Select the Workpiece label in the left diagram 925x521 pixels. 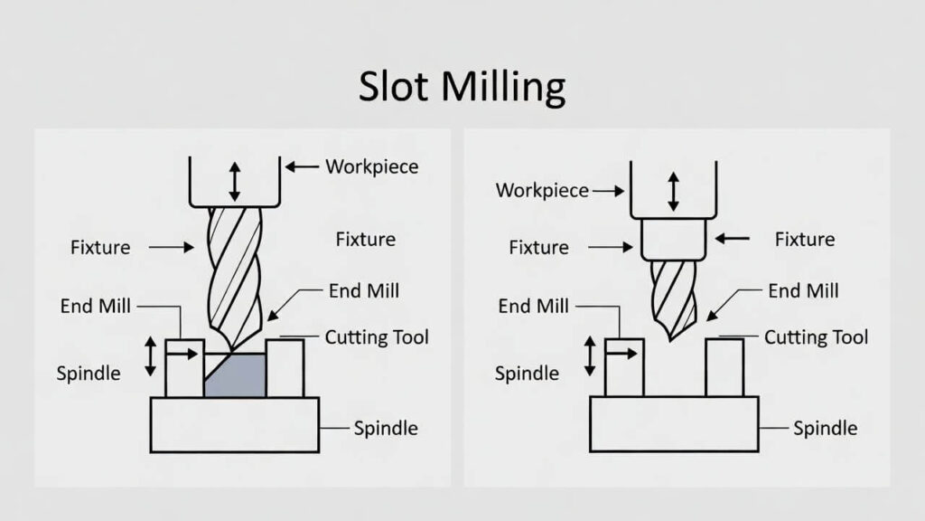click(371, 166)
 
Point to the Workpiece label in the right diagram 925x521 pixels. click(542, 191)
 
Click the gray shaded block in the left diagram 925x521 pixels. click(237, 375)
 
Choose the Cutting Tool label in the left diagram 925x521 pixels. click(376, 337)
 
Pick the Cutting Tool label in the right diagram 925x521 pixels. click(816, 337)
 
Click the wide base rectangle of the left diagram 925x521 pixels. click(235, 424)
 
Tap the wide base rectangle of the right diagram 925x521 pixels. click(674, 423)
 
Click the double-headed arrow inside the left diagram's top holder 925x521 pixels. click(235, 182)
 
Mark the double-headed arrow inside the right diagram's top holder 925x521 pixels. click(673, 192)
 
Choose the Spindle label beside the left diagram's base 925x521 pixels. click(385, 428)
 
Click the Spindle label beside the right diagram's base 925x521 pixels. click(825, 428)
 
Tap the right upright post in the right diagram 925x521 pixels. click(724, 367)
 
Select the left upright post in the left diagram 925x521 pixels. click(184, 368)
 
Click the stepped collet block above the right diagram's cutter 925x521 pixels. click(673, 240)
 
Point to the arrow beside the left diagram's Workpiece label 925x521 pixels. click(302, 166)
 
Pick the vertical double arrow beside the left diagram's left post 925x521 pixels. click(151, 356)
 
